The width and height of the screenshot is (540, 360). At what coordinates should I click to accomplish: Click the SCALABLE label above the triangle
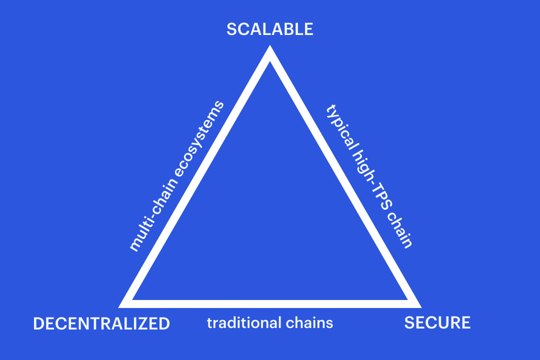[x=269, y=29]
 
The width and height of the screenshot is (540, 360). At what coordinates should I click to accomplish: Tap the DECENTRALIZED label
[x=101, y=324]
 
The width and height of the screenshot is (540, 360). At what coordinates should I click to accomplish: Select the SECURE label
[x=437, y=323]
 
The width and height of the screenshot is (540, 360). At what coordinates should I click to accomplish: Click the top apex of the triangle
[x=269, y=45]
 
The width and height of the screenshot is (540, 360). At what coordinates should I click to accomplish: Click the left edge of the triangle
[x=194, y=176]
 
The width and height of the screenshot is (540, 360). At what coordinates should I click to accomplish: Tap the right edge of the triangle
[x=346, y=176]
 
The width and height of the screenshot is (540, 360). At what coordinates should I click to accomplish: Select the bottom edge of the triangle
[x=270, y=303]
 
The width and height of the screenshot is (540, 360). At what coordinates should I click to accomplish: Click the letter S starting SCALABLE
[x=232, y=29]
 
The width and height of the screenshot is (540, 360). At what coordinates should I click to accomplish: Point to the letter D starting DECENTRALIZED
[x=39, y=324]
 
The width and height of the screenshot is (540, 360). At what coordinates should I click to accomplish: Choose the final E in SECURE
[x=465, y=323]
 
